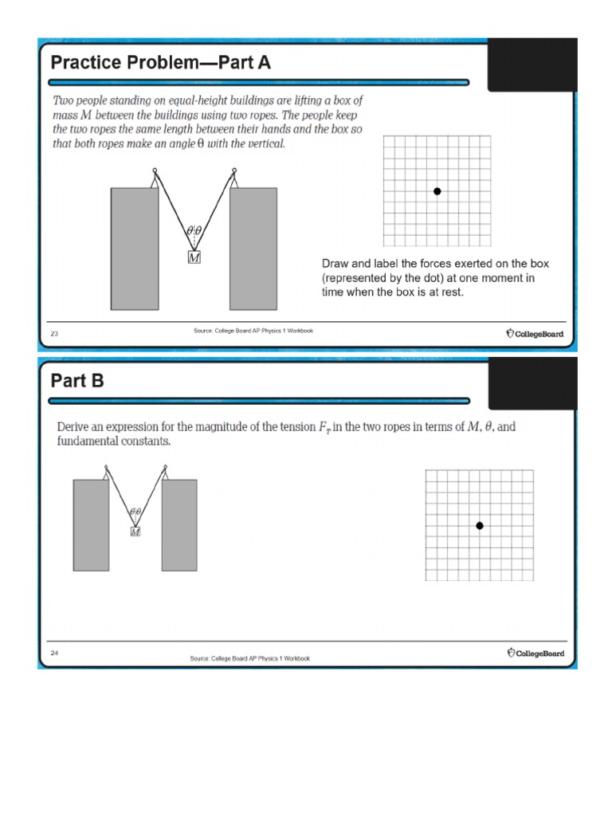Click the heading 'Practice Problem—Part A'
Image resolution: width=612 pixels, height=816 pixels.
point(161,62)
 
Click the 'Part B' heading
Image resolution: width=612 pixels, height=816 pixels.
point(76,381)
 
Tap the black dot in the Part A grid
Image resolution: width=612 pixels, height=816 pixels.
point(437,191)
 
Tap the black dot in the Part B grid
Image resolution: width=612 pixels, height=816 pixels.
point(480,525)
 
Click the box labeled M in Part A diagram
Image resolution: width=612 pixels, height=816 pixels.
point(194,257)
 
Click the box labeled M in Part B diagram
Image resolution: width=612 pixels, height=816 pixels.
point(135,532)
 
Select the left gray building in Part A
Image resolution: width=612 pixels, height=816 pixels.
point(134,248)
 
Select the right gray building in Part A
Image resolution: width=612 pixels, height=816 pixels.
point(253,248)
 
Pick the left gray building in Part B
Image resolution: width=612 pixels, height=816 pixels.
point(91,524)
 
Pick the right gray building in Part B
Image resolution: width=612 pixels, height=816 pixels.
point(179,524)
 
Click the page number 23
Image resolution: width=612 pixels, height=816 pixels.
point(54,334)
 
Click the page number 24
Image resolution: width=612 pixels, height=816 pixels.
point(54,653)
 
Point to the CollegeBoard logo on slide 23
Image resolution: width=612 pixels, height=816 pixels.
point(535,334)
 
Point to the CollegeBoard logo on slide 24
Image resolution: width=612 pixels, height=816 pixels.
point(535,653)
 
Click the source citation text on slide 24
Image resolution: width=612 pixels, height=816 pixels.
point(249,658)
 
